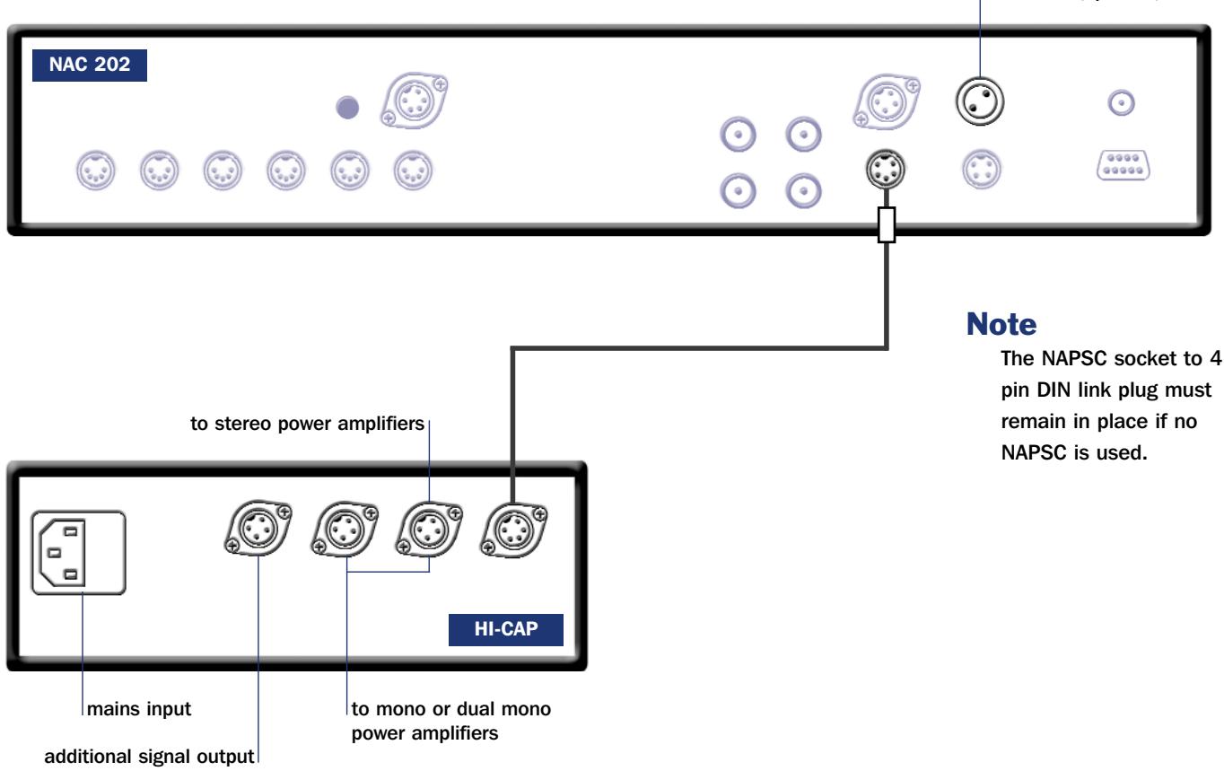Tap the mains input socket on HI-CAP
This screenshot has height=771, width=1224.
point(78,554)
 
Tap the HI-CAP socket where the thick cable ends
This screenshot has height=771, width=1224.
point(512,535)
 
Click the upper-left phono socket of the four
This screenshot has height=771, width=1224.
point(739,137)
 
